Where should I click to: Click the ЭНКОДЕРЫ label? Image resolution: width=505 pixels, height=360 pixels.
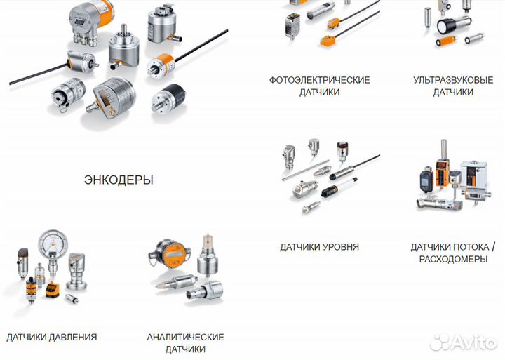tap(119, 180)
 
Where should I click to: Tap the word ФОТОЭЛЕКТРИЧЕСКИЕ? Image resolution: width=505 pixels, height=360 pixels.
tap(320, 80)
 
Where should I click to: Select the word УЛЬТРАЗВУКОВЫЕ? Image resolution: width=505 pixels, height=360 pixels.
tap(453, 80)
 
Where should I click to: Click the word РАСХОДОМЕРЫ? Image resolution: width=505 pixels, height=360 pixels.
tap(453, 259)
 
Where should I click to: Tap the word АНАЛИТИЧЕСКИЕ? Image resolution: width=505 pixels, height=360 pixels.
tap(185, 337)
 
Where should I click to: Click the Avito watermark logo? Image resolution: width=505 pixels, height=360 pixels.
tap(464, 342)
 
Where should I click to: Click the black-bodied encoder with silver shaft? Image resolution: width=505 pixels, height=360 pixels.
tap(168, 98)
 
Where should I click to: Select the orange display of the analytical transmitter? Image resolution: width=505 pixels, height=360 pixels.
tap(175, 253)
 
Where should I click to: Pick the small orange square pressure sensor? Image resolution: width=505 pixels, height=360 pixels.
tap(51, 289)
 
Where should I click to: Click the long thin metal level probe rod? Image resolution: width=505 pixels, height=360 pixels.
tap(305, 170)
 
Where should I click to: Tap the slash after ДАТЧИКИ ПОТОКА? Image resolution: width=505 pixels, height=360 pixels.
tap(493, 247)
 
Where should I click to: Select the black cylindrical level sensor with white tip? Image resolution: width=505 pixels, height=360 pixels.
tap(339, 187)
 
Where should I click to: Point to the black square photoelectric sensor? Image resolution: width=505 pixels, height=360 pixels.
tap(292, 25)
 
